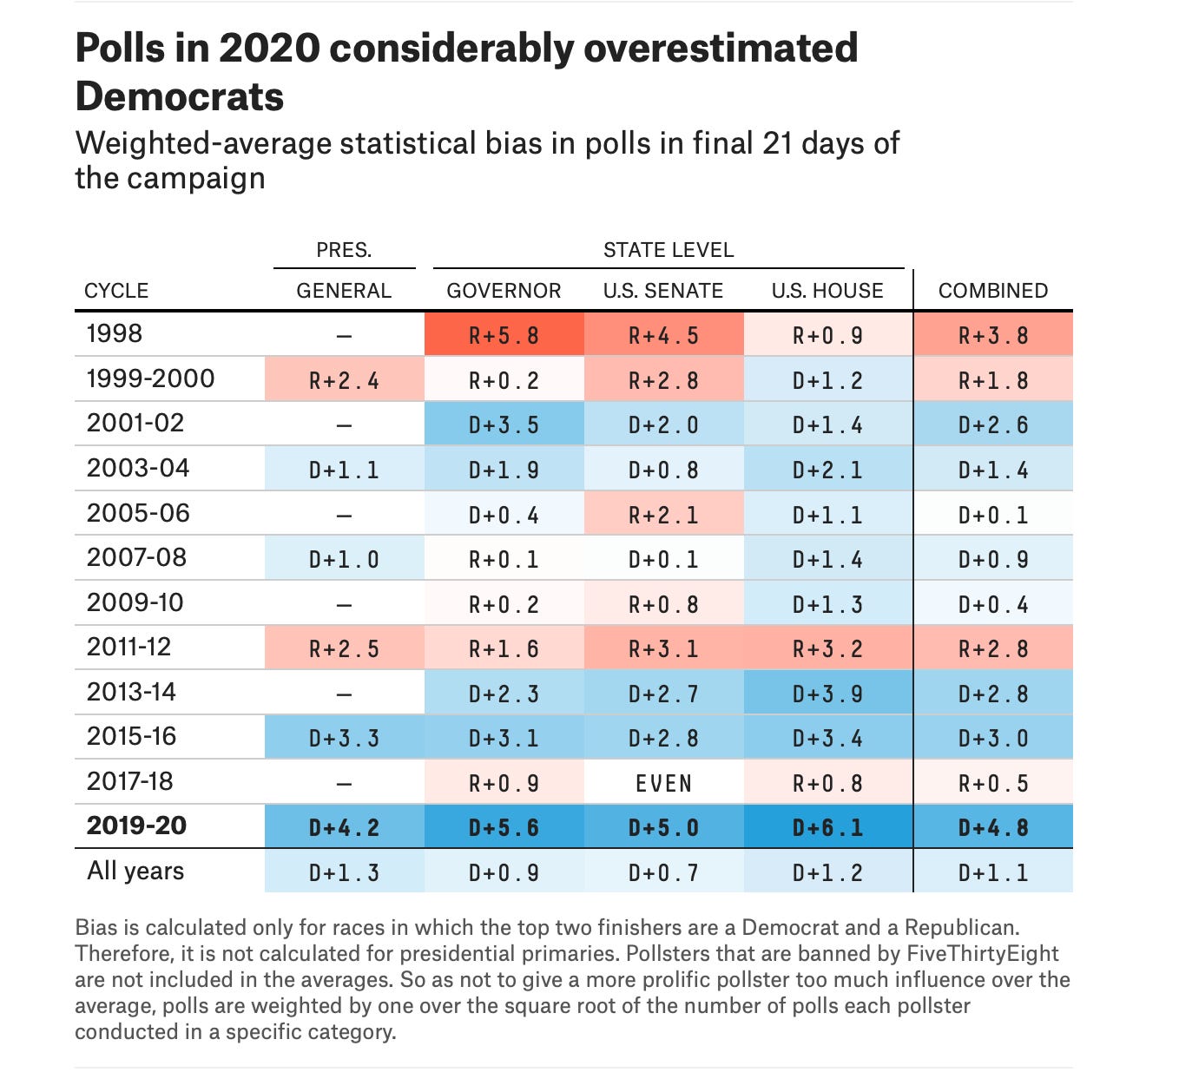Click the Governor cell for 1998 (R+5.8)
[x=504, y=334]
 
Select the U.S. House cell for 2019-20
[x=827, y=826]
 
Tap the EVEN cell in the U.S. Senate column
[x=663, y=782]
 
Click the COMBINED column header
[x=992, y=291]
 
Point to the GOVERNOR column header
[x=504, y=291]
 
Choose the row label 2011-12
[x=128, y=647]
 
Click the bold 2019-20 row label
[x=136, y=825]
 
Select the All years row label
[x=135, y=871]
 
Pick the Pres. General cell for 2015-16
[x=344, y=737]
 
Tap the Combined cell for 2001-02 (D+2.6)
[x=992, y=424]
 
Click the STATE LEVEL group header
[x=668, y=250]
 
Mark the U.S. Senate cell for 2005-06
[x=663, y=514]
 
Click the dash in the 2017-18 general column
[x=344, y=783]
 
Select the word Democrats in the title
[x=180, y=95]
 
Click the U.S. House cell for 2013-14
[x=827, y=693]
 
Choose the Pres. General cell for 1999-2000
[x=344, y=379]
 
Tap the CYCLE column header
[x=116, y=291]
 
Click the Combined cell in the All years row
[x=992, y=872]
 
